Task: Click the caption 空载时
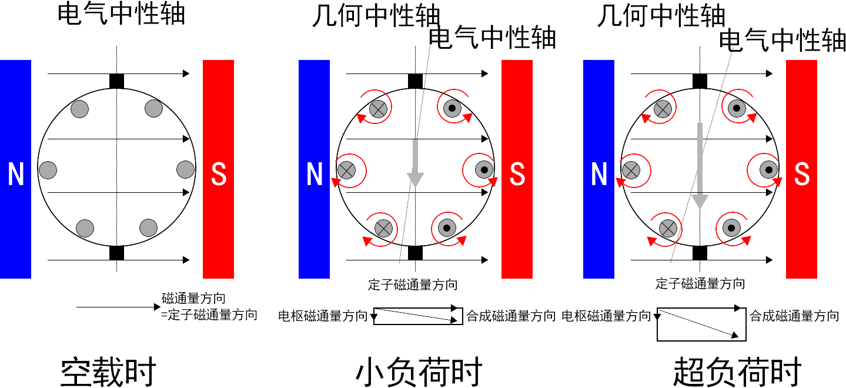coord(108,372)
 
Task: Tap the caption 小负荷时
coord(419,372)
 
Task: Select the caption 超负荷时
coord(737,372)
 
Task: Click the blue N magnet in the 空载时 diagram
coord(15,169)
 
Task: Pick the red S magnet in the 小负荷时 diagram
coord(517,169)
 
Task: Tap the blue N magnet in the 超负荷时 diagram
coord(598,169)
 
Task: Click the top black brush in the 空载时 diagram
coord(116,81)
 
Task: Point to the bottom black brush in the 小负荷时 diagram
coord(415,253)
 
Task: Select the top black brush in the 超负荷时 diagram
coord(700,81)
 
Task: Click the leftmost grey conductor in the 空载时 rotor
coord(48,170)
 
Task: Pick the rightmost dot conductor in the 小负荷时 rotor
coord(484,170)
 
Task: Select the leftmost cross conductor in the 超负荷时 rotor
coord(631,170)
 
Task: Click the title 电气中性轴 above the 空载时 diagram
coord(121,14)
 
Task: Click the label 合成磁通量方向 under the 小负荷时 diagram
coord(510,317)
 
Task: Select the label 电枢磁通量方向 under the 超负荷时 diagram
coord(606,317)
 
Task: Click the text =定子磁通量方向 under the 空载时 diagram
coord(209,315)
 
